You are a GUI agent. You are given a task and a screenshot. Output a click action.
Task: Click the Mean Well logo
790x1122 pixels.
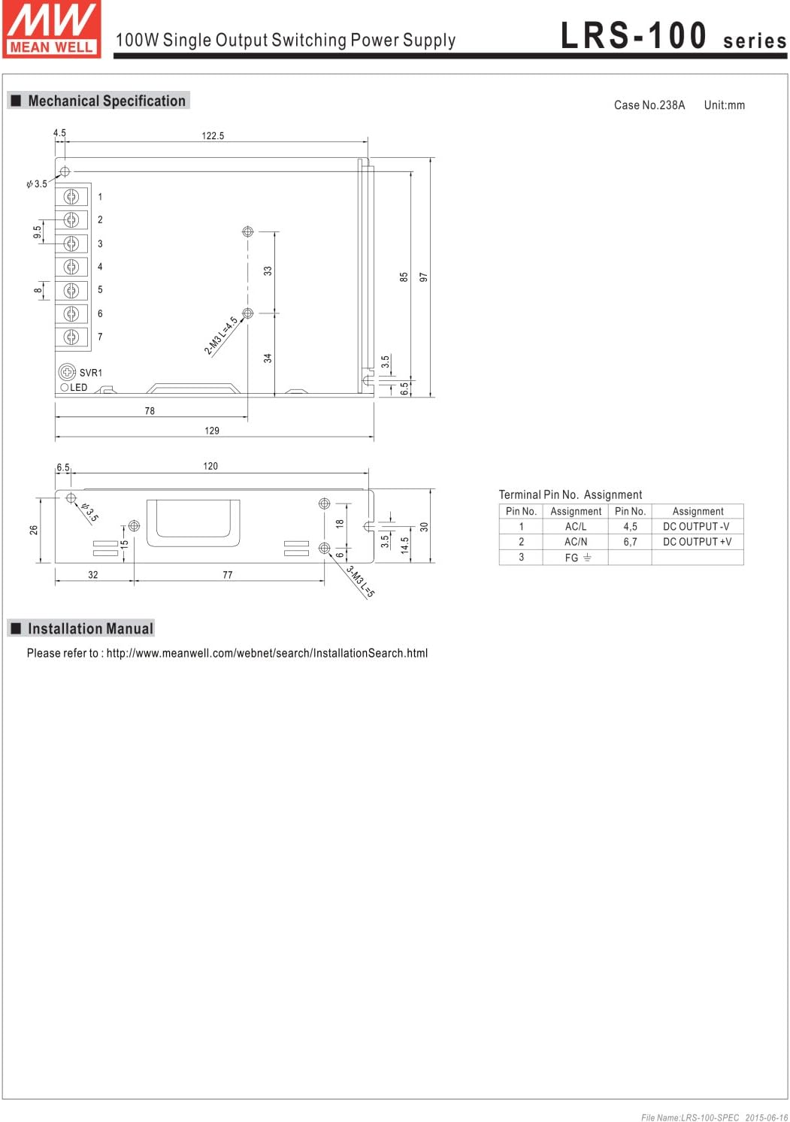tap(51, 29)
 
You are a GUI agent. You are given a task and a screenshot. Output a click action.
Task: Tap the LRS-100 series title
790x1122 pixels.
tap(673, 36)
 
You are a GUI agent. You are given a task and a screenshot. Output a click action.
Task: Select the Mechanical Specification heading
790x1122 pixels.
tap(106, 101)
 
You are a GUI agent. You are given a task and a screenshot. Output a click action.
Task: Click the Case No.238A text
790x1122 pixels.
tap(649, 105)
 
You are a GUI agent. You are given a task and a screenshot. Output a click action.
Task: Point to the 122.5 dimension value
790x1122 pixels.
tap(213, 136)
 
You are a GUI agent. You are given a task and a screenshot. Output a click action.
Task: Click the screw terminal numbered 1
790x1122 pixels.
tap(71, 197)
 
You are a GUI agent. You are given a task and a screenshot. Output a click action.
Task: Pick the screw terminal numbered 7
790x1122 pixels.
tap(71, 337)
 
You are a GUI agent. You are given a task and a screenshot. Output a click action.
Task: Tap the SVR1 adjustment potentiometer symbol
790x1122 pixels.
tap(67, 372)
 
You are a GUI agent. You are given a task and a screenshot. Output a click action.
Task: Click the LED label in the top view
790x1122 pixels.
tap(78, 388)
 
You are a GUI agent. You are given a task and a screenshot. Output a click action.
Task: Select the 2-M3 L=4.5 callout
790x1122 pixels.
tap(221, 335)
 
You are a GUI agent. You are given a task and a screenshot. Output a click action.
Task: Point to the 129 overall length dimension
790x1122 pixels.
tap(212, 431)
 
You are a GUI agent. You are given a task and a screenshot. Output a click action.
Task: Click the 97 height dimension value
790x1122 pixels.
tap(423, 277)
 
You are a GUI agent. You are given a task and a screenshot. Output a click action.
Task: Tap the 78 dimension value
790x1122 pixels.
tap(150, 411)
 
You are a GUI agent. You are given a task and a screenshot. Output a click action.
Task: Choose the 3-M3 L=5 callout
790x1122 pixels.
tap(361, 582)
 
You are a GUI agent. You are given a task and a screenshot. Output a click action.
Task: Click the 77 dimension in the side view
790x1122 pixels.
tap(228, 575)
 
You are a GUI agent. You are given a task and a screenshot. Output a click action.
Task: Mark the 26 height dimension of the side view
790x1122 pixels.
tap(34, 530)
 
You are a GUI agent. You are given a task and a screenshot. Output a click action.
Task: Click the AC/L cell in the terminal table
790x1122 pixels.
tap(576, 527)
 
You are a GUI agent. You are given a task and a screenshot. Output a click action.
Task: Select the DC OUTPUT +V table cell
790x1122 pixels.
tap(697, 542)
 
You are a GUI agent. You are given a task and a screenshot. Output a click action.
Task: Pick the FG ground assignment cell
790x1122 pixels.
tap(577, 558)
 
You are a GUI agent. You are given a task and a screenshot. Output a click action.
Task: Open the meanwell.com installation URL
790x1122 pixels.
tap(267, 653)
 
